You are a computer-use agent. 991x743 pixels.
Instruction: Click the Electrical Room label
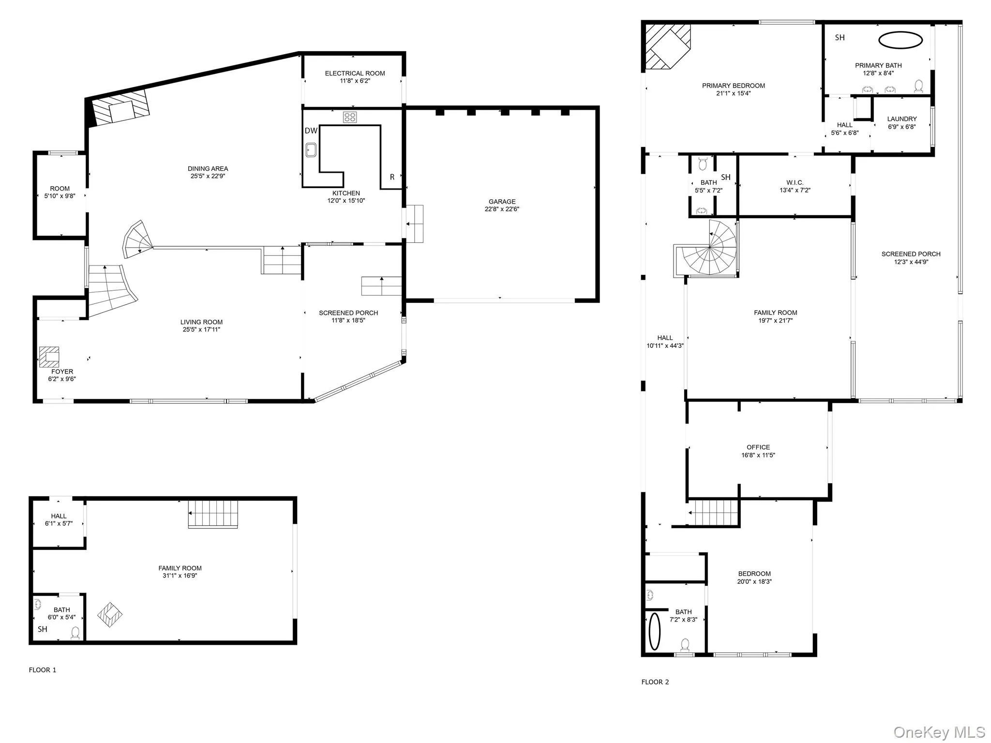355,74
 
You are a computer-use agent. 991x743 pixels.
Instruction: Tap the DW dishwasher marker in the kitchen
311,131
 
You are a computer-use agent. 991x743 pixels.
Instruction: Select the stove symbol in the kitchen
350,117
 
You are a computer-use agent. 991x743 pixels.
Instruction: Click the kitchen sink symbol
311,150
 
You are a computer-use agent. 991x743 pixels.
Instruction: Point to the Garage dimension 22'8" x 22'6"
502,209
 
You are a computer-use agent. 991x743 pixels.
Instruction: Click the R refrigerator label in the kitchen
392,177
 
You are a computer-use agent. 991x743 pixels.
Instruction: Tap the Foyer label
62,371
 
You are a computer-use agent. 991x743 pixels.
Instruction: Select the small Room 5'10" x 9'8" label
60,189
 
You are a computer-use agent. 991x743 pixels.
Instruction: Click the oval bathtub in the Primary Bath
900,40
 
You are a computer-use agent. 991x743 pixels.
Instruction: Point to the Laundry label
901,119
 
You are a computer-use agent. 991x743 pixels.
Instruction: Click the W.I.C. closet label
795,182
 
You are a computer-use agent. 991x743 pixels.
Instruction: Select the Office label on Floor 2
758,447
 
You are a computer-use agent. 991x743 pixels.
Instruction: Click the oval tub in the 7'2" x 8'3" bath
654,631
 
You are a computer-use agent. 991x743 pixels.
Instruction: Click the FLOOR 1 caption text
43,670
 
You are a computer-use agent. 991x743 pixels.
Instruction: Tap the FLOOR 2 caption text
655,682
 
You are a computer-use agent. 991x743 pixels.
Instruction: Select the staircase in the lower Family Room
213,514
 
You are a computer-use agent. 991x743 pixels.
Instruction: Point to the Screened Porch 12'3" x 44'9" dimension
911,262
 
